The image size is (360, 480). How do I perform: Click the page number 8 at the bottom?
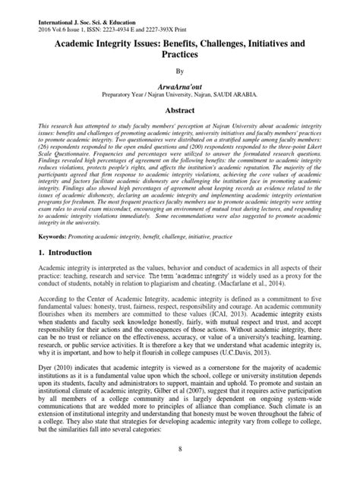[180, 470]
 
